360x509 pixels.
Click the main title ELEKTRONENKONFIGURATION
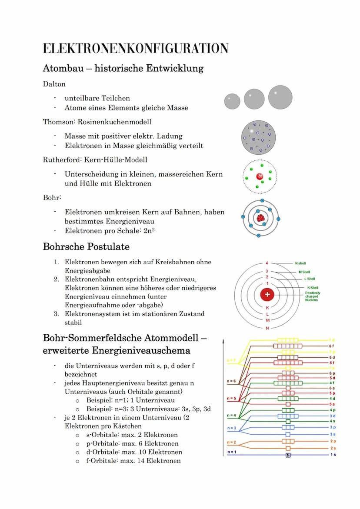pos(136,48)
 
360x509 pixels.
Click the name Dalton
pos(54,84)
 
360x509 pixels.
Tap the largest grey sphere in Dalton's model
pos(280,97)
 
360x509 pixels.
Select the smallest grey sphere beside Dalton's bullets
pos(232,101)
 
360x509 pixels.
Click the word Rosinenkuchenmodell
pos(114,122)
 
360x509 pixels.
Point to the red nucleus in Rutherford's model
pos(260,176)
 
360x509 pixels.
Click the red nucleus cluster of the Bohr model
pos(261,217)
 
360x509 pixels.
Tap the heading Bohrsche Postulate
pos(86,247)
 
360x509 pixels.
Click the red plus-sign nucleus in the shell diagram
pos(267,295)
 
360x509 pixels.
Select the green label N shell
pos(300,263)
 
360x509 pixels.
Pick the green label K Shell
pos(313,288)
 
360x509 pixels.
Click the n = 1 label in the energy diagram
pos(232,452)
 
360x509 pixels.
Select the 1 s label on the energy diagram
pos(333,455)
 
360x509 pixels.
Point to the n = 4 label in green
pos(232,415)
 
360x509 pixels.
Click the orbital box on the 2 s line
pos(288,448)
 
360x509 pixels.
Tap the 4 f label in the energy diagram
pos(332,383)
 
